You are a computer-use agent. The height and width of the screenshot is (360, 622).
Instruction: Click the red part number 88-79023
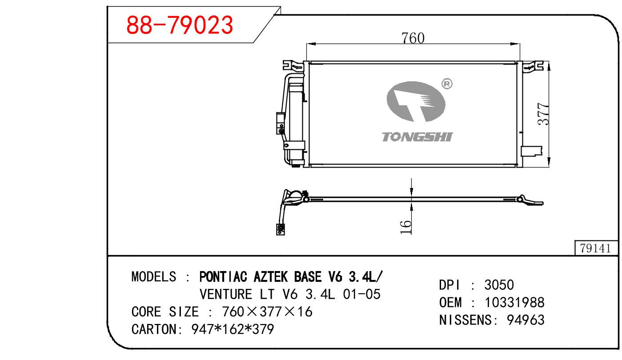179,25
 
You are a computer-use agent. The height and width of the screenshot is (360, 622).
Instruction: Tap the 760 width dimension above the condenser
413,38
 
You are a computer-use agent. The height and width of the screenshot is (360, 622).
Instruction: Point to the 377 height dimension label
543,114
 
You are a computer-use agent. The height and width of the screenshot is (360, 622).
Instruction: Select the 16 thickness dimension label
405,227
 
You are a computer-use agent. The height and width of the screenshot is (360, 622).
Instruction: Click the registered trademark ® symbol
447,84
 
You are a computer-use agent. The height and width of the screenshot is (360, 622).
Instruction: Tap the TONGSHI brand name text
417,137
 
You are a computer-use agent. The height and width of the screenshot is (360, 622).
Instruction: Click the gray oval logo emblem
416,102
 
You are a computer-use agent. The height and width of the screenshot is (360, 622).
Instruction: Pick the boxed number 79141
596,248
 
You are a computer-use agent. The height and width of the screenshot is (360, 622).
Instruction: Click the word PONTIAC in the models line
223,277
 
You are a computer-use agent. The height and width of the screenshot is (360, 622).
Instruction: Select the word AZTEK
270,277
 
